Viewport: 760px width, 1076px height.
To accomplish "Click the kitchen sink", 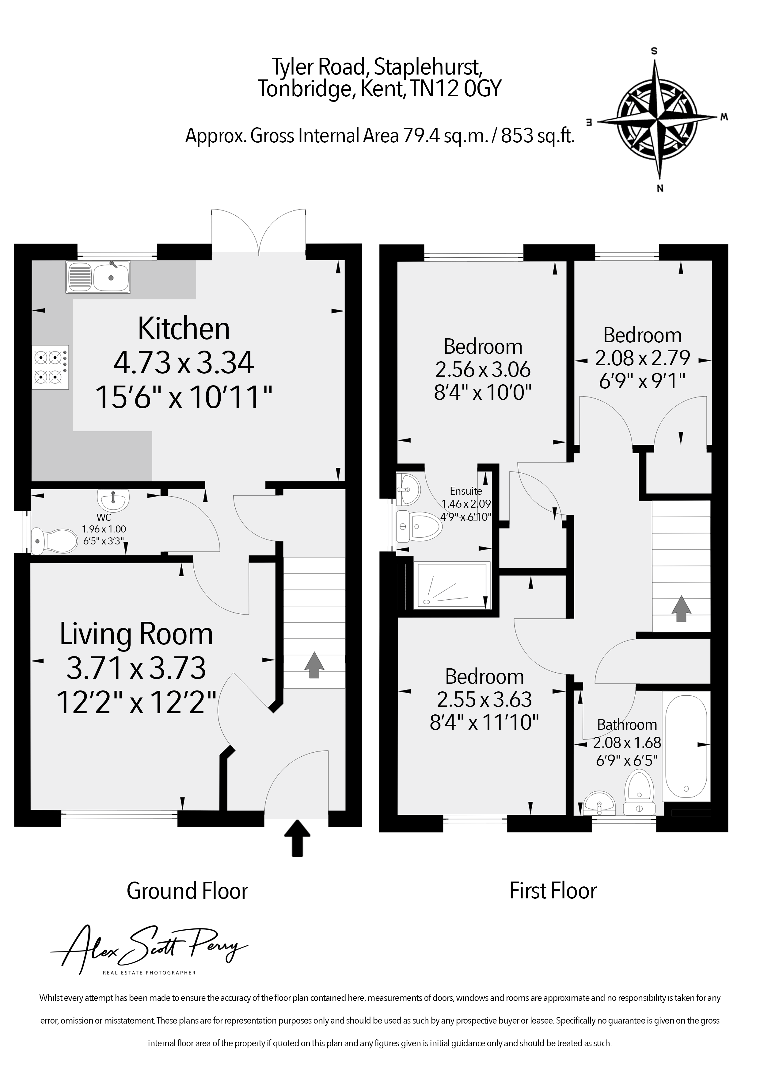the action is pos(98,276).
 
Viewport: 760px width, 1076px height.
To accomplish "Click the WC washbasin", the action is pos(113,500).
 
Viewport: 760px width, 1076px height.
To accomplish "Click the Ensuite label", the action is pos(466,491).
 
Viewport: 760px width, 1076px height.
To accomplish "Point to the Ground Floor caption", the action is pos(187,891).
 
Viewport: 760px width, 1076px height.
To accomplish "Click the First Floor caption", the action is pos(553,891).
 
